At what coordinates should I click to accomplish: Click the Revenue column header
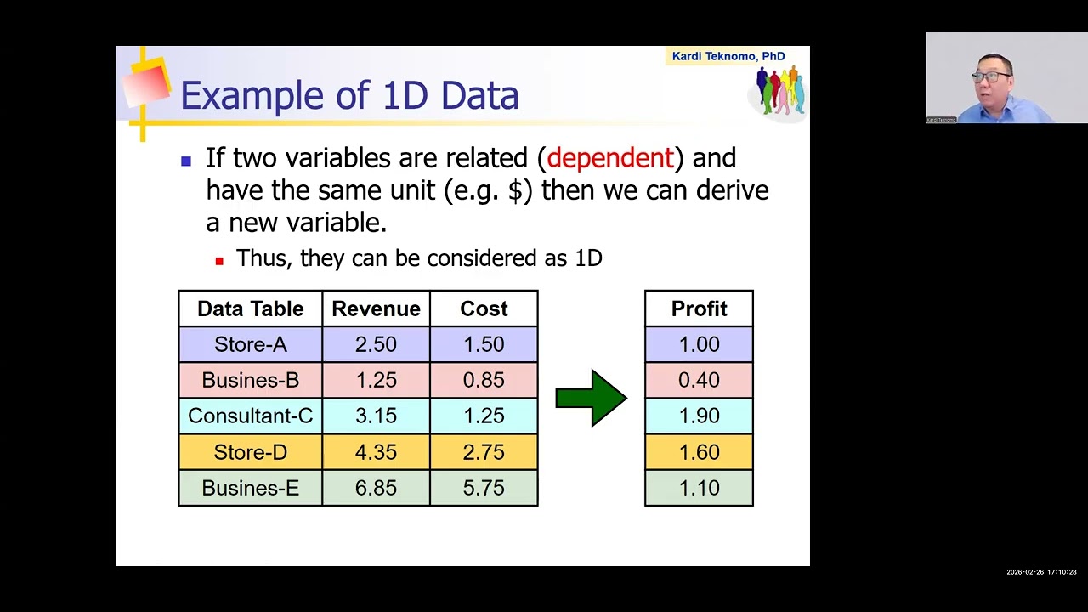coord(376,309)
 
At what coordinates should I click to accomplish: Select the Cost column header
coord(484,309)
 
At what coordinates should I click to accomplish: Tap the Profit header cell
coord(699,309)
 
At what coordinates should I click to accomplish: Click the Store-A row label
coord(250,344)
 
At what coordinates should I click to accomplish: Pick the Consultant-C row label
coord(250,416)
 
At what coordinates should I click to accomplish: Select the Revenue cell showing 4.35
coord(376,452)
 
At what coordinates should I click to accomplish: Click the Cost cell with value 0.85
coord(484,380)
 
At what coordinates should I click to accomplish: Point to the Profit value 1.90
coord(699,416)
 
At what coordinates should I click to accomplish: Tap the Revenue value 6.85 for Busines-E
coord(376,488)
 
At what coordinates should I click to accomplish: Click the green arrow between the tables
coord(591,398)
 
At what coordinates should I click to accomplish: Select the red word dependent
coord(610,158)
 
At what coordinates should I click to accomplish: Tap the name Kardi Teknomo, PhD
coord(728,56)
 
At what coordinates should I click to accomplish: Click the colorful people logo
coord(779,91)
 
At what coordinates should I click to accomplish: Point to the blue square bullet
coord(186,160)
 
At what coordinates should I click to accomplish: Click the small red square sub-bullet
coord(219,261)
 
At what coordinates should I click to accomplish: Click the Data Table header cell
coord(250,309)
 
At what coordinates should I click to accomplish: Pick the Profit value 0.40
coord(699,380)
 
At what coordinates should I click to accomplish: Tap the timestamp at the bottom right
coord(1041,572)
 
